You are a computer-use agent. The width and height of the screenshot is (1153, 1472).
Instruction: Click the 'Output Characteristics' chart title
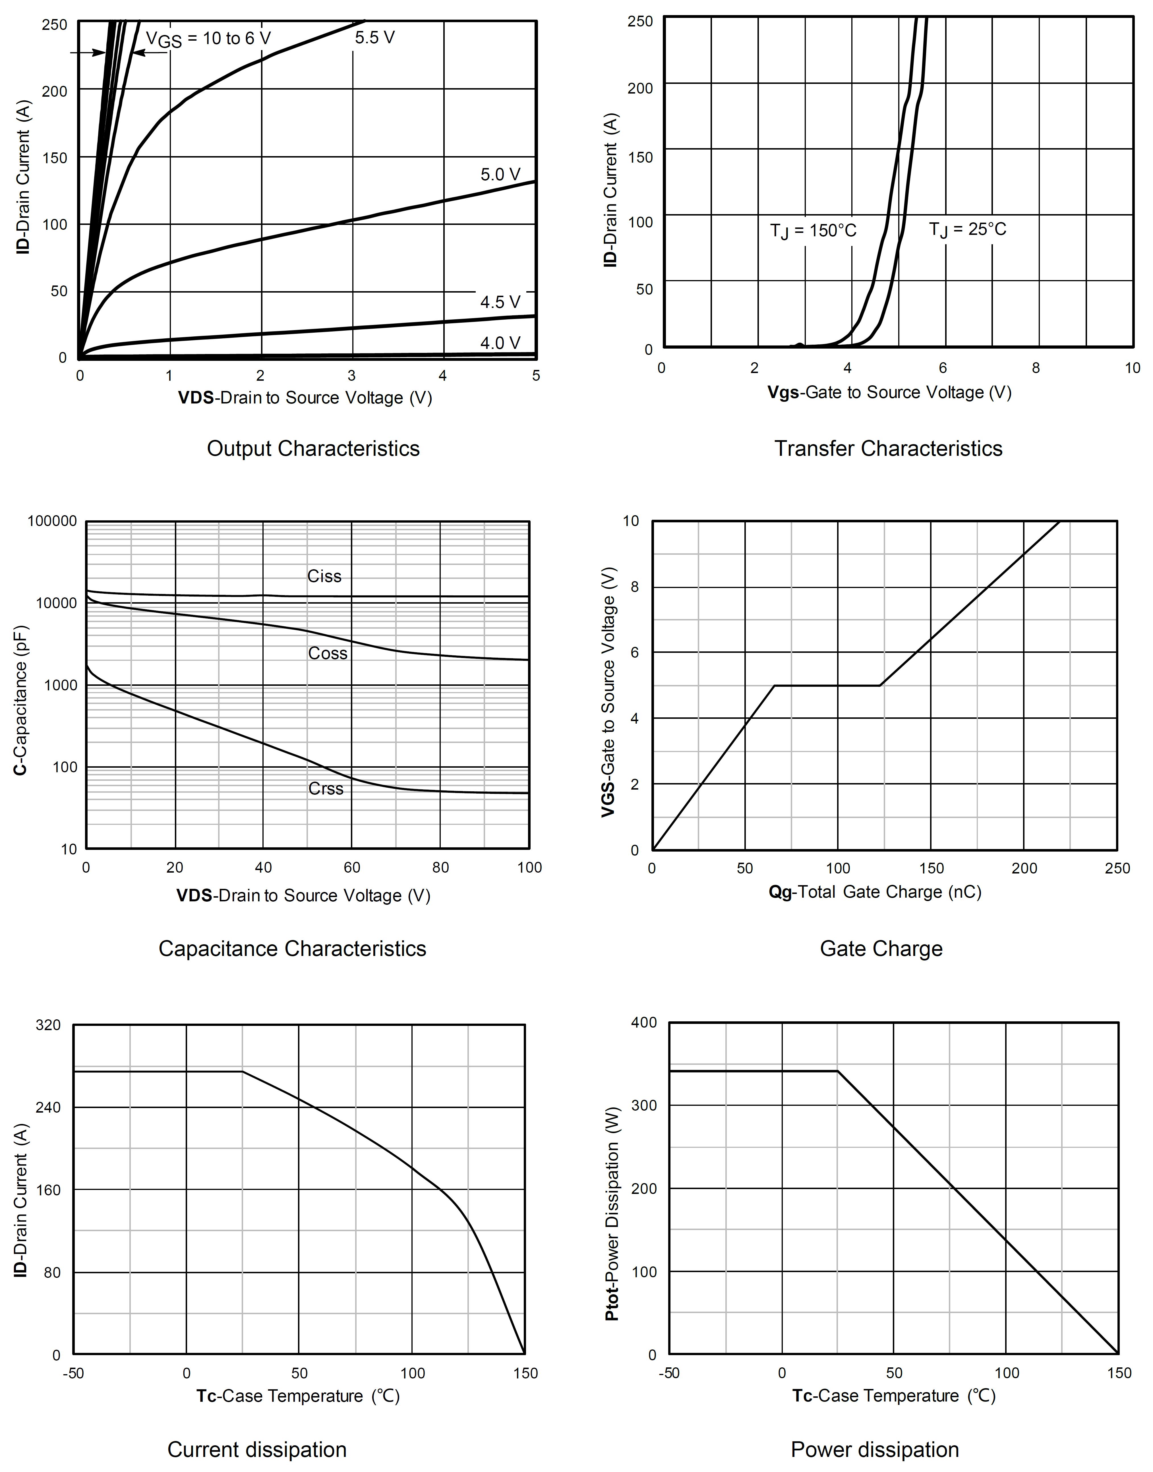pyautogui.click(x=313, y=449)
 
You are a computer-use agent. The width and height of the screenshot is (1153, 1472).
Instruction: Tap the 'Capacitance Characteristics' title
pyautogui.click(x=292, y=949)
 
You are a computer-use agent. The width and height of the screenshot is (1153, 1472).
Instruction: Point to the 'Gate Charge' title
pyautogui.click(x=881, y=949)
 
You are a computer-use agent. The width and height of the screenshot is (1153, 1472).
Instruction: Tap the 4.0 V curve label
pyautogui.click(x=500, y=343)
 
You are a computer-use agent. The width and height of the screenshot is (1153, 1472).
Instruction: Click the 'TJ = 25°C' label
pyautogui.click(x=967, y=229)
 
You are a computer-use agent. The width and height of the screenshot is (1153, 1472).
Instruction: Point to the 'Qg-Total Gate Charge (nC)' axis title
pyautogui.click(x=875, y=892)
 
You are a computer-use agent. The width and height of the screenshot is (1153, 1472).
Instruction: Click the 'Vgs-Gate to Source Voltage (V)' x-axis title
pyautogui.click(x=889, y=393)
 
